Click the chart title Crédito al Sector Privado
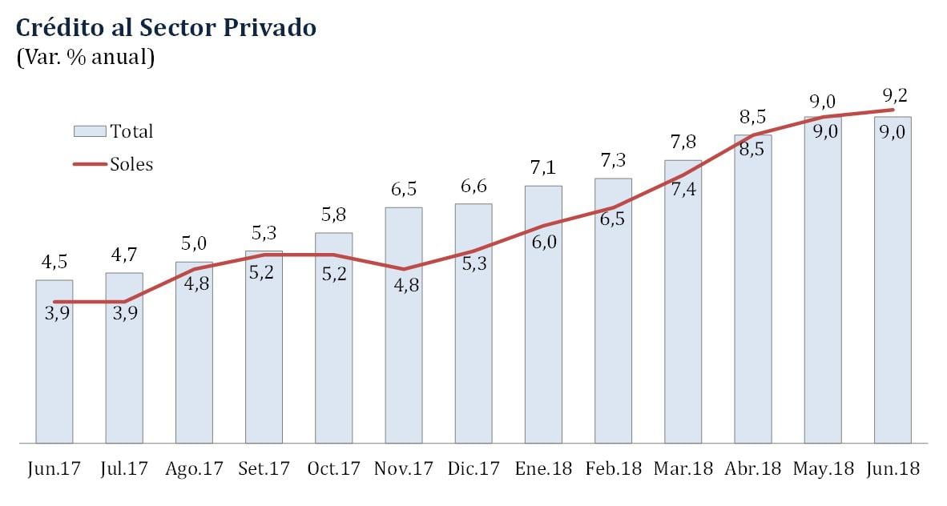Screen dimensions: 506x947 (166, 28)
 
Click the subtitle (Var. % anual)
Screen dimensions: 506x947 (85, 58)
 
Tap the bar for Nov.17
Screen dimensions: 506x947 (404, 360)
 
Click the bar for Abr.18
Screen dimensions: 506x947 (752, 320)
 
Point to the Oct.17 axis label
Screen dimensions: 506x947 (333, 468)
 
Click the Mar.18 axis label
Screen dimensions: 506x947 (683, 468)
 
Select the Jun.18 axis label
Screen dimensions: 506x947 (893, 468)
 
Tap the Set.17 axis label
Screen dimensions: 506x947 (264, 468)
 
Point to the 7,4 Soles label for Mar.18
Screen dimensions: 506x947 (682, 189)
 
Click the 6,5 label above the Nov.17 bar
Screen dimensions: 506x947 (403, 190)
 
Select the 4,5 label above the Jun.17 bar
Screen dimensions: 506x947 (54, 263)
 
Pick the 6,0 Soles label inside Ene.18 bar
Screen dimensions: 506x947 (543, 243)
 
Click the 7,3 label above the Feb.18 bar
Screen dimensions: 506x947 (612, 160)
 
